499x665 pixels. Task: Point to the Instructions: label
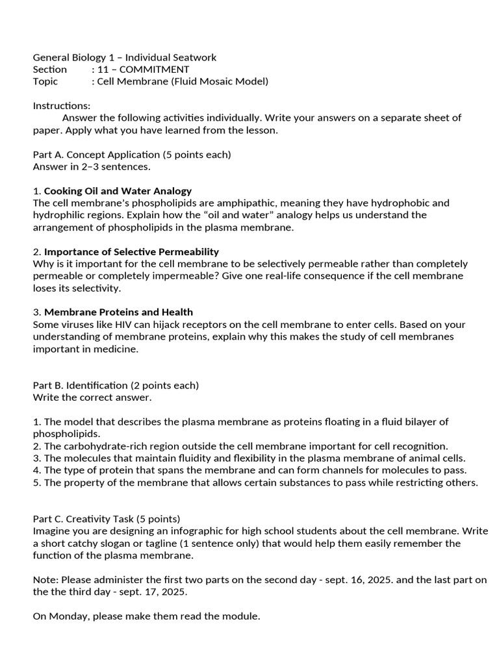62,106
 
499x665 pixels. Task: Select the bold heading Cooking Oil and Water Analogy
118,191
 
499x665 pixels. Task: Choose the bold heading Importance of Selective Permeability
131,252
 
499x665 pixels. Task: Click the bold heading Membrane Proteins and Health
118,312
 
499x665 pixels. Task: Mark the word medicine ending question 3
117,349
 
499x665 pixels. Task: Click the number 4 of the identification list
36,470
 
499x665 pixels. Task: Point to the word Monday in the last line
68,616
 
